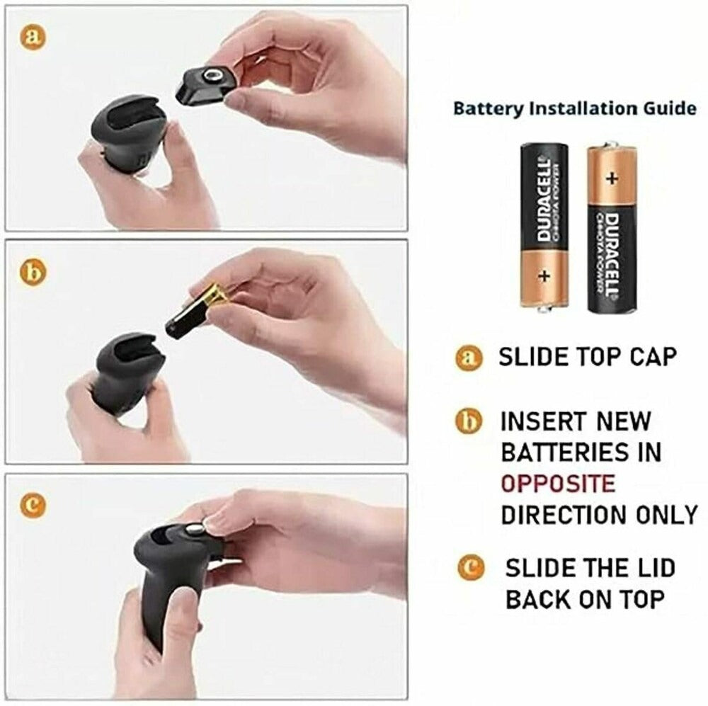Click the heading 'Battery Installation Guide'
[574, 109]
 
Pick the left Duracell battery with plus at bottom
[544, 224]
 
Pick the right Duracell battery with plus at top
[612, 228]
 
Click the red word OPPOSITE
[558, 484]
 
